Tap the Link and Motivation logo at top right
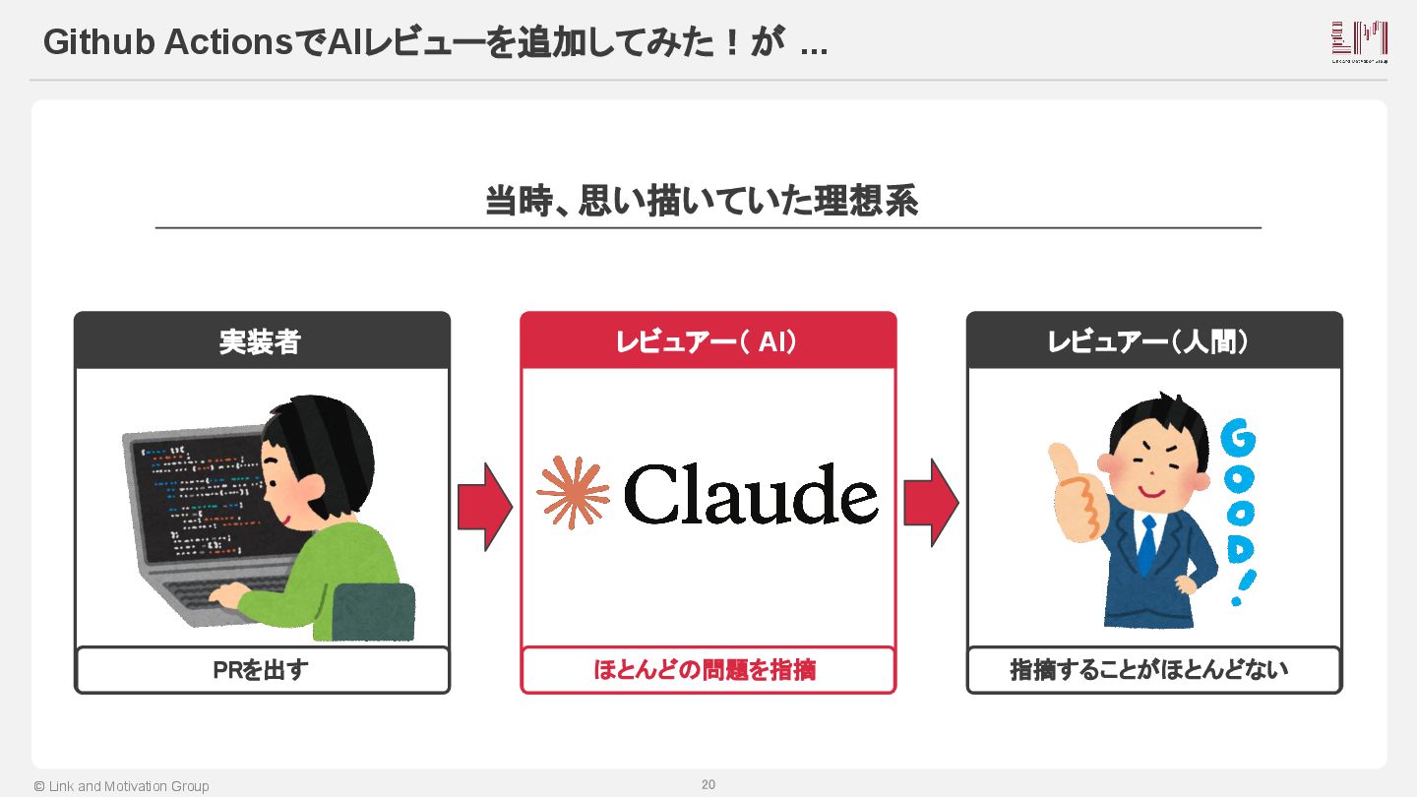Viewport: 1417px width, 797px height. (x=1359, y=41)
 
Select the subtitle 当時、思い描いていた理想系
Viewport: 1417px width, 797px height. (x=702, y=201)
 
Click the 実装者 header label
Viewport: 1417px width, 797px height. (x=261, y=341)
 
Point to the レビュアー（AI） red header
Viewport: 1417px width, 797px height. (x=708, y=341)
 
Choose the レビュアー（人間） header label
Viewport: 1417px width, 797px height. (x=1154, y=341)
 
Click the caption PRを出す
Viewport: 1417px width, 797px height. (x=261, y=670)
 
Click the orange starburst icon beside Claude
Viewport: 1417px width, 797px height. (x=573, y=492)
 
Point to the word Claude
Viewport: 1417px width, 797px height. (x=751, y=494)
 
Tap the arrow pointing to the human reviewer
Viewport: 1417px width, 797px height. (x=931, y=503)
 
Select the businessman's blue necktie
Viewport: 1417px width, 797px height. (x=1146, y=545)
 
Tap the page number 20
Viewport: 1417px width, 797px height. (x=708, y=784)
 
